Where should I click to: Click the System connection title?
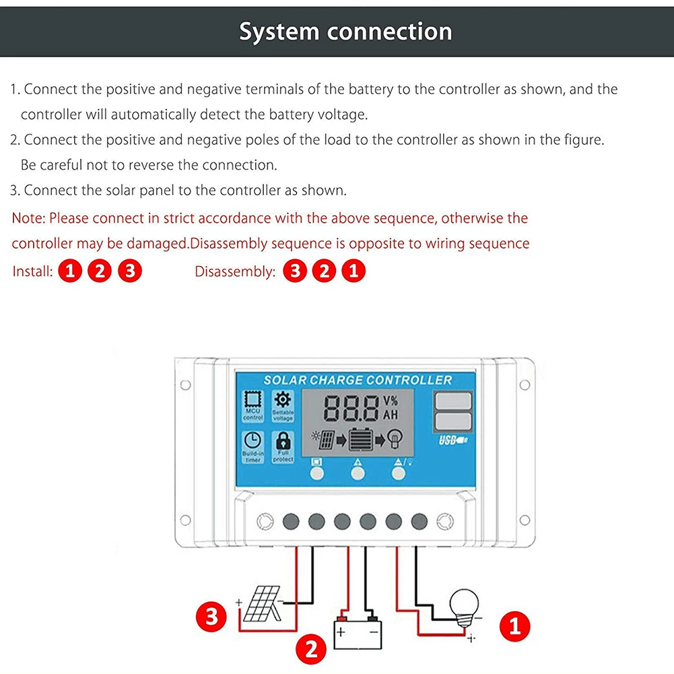coord(345,32)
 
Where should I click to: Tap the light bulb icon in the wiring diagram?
coord(465,605)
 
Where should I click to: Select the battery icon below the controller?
coord(358,632)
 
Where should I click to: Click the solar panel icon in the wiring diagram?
coord(261,604)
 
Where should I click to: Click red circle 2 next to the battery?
coord(311,650)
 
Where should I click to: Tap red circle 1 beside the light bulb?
coord(515,627)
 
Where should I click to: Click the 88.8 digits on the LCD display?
coord(351,409)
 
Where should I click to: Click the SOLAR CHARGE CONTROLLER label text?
coord(357,380)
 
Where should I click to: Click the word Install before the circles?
coord(32,272)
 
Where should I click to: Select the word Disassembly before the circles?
coord(235,272)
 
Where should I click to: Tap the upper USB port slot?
coord(454,401)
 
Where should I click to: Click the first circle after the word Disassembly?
coord(294,272)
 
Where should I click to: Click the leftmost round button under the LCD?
coord(316,473)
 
